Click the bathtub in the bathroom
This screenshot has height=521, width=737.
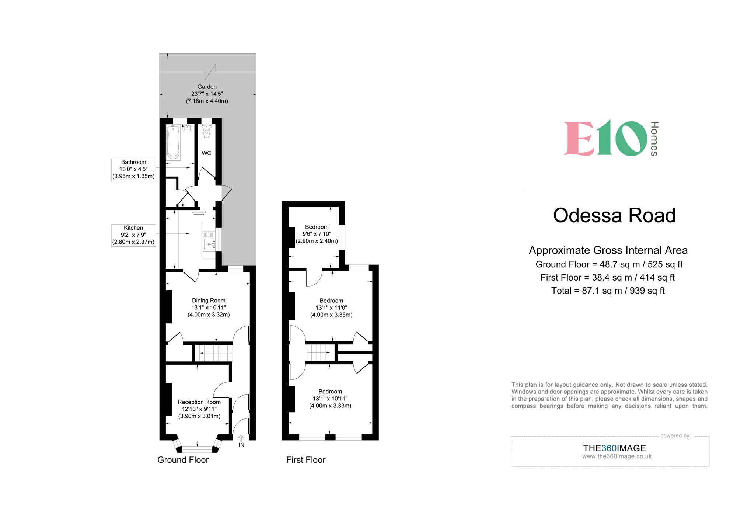pyautogui.click(x=173, y=142)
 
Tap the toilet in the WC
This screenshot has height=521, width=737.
pyautogui.click(x=207, y=132)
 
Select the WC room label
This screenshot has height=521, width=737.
pyautogui.click(x=206, y=153)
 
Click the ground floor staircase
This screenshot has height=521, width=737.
pyautogui.click(x=213, y=353)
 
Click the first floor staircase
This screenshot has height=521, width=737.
pyautogui.click(x=320, y=352)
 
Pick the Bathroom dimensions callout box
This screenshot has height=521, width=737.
pyautogui.click(x=133, y=169)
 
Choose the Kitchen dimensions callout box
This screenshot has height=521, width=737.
pyautogui.click(x=133, y=235)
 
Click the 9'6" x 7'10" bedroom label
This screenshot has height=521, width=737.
pyautogui.click(x=317, y=234)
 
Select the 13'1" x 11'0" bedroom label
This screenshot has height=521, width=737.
pyautogui.click(x=331, y=308)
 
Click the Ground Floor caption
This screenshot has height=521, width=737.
pyautogui.click(x=183, y=460)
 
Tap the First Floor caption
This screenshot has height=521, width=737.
pyautogui.click(x=306, y=460)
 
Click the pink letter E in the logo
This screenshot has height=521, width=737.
pyautogui.click(x=579, y=139)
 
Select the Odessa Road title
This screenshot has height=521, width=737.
pyautogui.click(x=614, y=215)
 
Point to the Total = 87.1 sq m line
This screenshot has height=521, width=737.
pyautogui.click(x=608, y=291)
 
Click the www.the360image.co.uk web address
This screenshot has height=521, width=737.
pyautogui.click(x=617, y=456)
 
